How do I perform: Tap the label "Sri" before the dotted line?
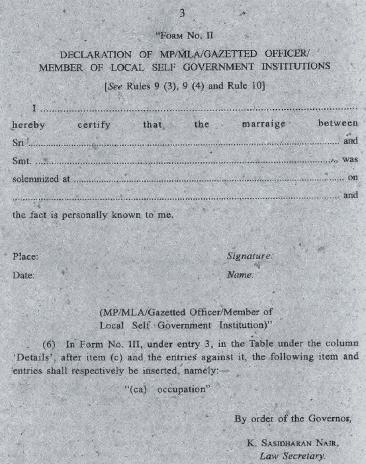pyautogui.click(x=18, y=142)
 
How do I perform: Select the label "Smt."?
pyautogui.click(x=21, y=161)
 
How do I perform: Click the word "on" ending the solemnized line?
pyautogui.click(x=352, y=178)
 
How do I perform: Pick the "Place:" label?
pyautogui.click(x=25, y=256)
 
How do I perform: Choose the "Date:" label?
pyautogui.click(x=24, y=274)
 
